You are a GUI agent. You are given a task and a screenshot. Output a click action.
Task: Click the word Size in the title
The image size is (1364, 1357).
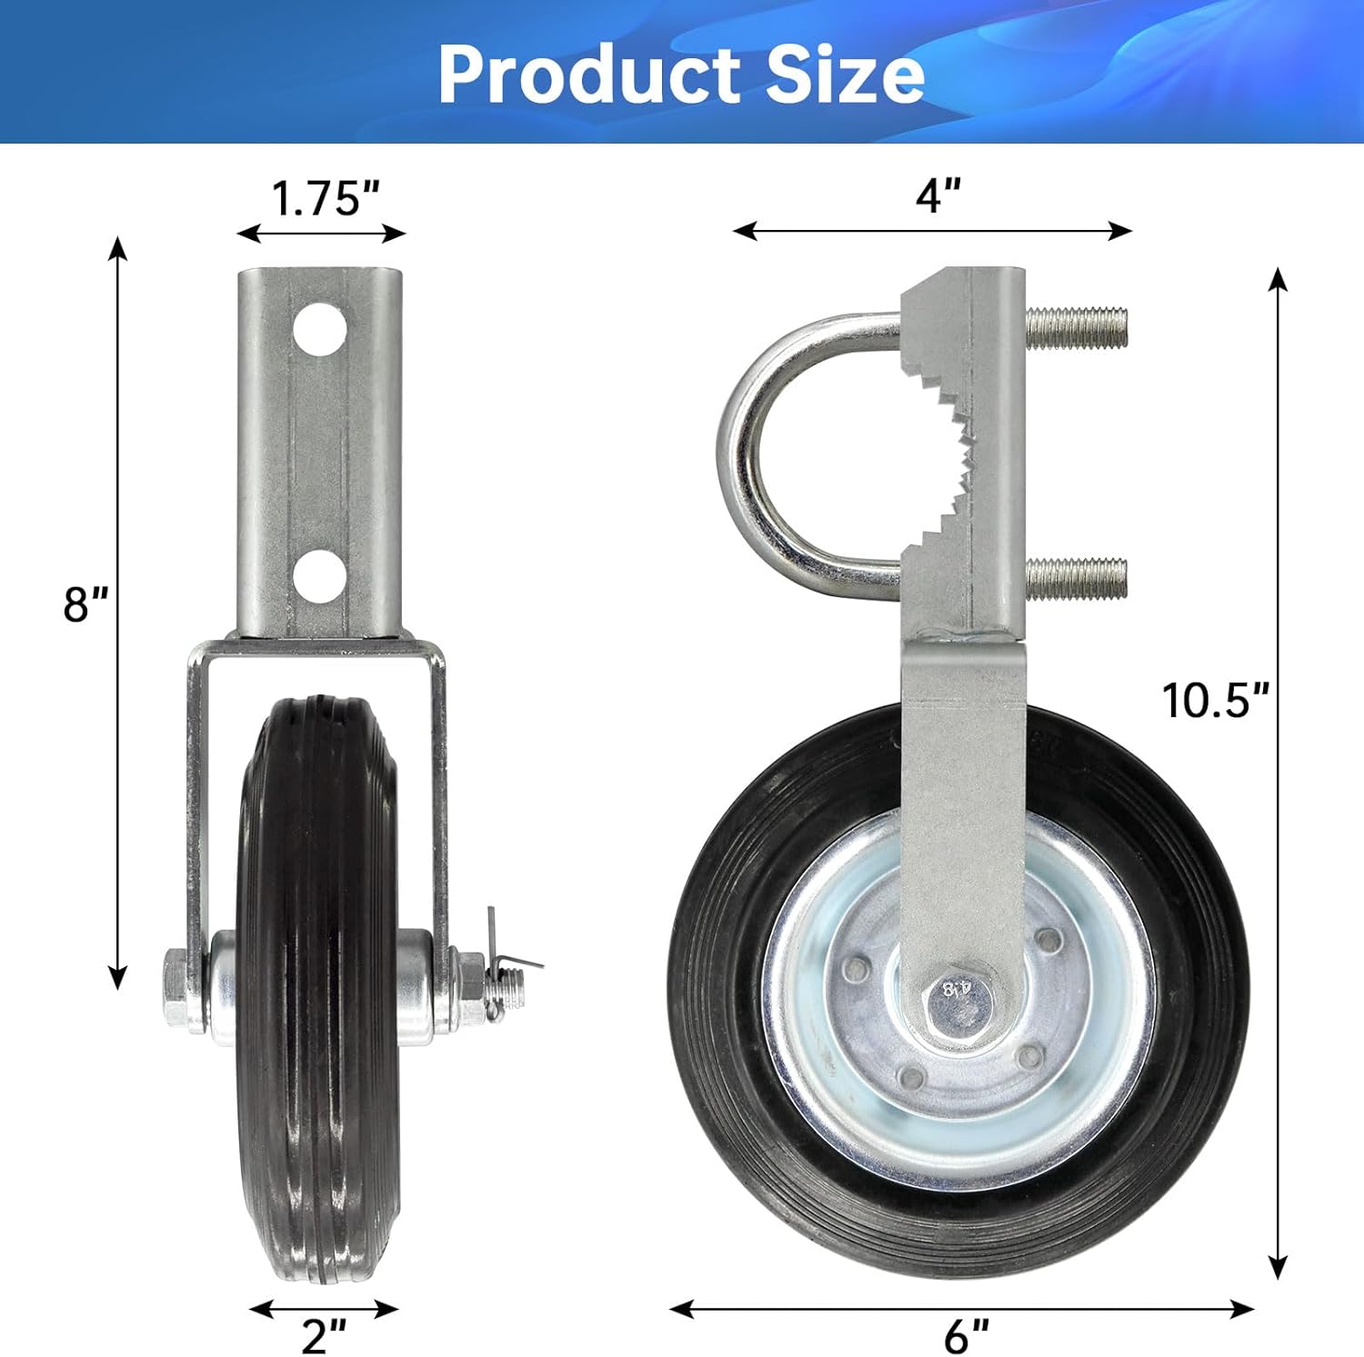pyautogui.click(x=845, y=75)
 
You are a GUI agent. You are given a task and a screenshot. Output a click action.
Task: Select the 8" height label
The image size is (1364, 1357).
pyautogui.click(x=85, y=604)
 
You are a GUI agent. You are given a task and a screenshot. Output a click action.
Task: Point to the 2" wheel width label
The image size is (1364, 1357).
pyautogui.click(x=325, y=1335)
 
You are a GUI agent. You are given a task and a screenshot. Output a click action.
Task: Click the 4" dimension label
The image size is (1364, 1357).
pyautogui.click(x=938, y=195)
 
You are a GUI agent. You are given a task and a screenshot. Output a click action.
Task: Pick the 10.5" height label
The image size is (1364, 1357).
pyautogui.click(x=1215, y=700)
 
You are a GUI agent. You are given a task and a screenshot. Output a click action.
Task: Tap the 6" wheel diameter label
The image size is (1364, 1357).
pyautogui.click(x=966, y=1335)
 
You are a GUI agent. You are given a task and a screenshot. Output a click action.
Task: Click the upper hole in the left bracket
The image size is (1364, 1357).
pyautogui.click(x=321, y=329)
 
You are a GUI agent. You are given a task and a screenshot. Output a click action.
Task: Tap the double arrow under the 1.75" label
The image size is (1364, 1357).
pyautogui.click(x=321, y=234)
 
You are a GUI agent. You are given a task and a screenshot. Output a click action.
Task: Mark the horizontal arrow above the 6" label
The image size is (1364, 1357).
pyautogui.click(x=961, y=1309)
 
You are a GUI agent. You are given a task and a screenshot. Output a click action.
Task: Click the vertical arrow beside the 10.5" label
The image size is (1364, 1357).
pyautogui.click(x=1279, y=773)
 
